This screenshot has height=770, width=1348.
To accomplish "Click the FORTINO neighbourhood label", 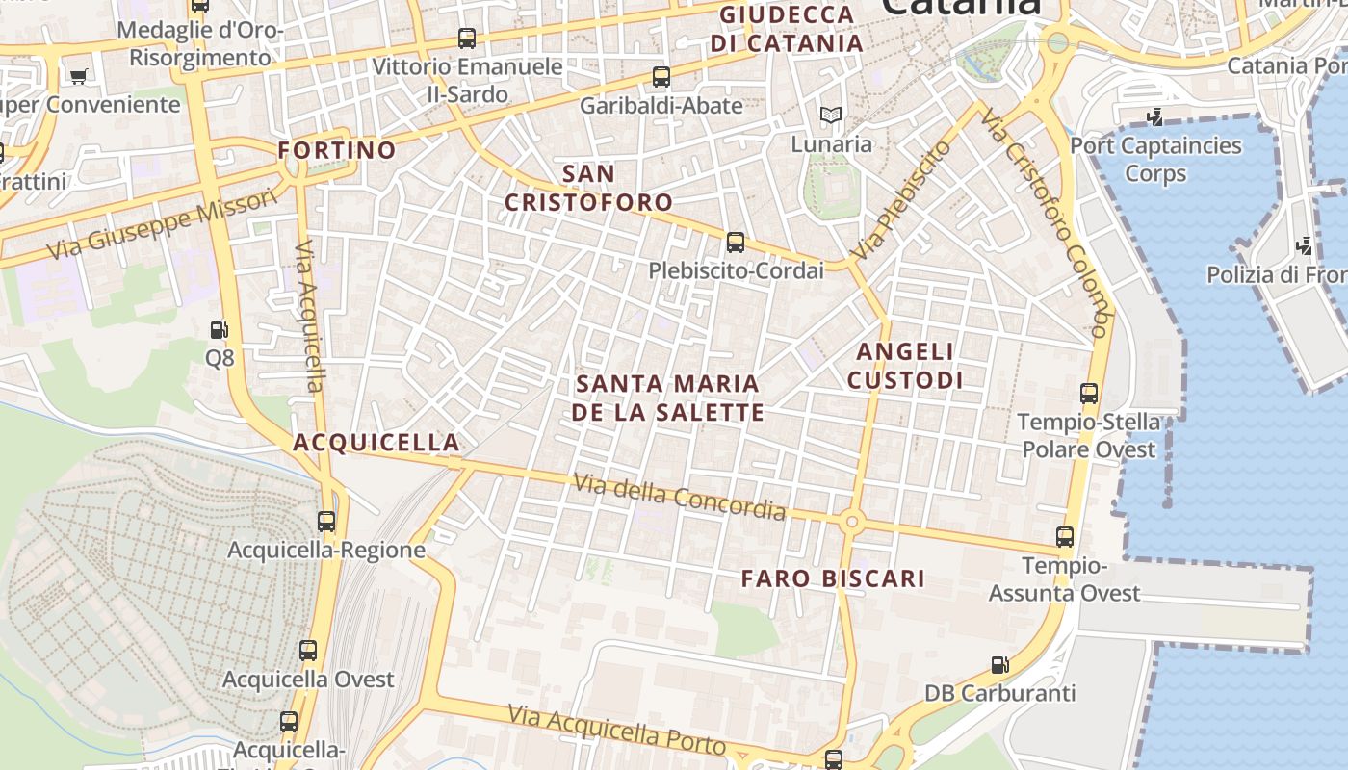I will [x=337, y=150].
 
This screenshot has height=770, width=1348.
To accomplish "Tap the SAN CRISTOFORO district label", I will [x=588, y=188].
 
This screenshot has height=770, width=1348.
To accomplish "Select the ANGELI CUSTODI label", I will [x=905, y=366].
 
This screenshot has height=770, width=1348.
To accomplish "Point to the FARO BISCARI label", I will [x=833, y=578].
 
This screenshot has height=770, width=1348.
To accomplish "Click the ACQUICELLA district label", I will [x=376, y=443].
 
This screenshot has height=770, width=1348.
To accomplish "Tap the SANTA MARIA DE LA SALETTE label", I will [x=668, y=398].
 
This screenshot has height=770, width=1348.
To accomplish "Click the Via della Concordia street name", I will [x=680, y=497].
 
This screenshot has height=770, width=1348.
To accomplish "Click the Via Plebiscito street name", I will [x=900, y=201].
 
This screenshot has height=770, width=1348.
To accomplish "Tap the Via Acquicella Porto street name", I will [x=616, y=730].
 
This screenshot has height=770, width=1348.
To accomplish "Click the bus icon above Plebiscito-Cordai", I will [x=736, y=243].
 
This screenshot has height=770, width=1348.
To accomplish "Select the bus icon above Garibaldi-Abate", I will [x=661, y=77].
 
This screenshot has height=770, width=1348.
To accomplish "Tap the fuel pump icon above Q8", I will [x=220, y=330].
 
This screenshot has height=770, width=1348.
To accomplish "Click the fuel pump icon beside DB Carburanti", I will [x=1000, y=665].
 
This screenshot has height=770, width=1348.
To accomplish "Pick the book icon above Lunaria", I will [x=830, y=115].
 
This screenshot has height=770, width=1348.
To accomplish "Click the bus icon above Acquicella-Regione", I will [x=326, y=522].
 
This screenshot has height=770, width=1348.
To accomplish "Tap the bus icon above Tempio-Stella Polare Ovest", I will [x=1088, y=394].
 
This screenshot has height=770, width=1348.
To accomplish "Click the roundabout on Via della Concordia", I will [x=851, y=523].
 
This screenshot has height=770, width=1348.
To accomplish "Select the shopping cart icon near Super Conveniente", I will [x=78, y=76].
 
